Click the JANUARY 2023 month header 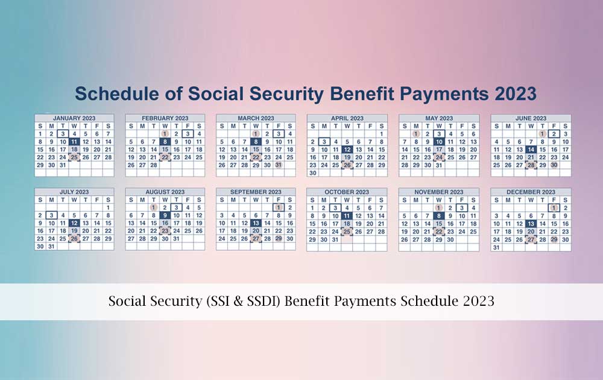click(x=74, y=118)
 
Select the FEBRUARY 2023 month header click(x=165, y=118)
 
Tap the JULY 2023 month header click(x=74, y=192)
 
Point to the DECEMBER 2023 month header click(x=531, y=192)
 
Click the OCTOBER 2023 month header click(x=347, y=192)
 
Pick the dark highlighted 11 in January click(x=74, y=141)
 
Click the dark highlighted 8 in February click(x=165, y=141)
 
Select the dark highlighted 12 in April click(x=347, y=149)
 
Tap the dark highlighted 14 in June click(x=531, y=149)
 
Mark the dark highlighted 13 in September click(x=256, y=223)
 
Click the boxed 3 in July click(x=52, y=215)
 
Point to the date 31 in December click(x=496, y=247)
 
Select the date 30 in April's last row click(x=313, y=173)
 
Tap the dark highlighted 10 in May click(x=439, y=141)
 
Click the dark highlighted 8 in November click(x=439, y=215)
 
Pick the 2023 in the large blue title click(x=512, y=93)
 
